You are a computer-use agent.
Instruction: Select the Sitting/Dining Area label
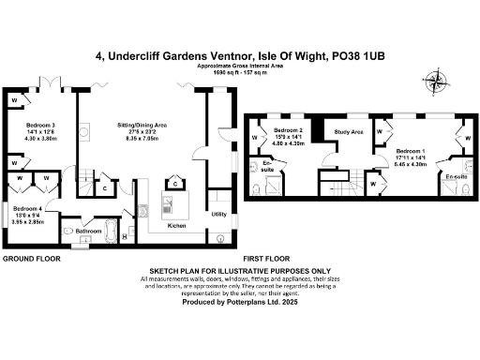(142, 125)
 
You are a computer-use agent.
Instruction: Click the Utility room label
(218, 215)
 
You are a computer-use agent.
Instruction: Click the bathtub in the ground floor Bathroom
(110, 228)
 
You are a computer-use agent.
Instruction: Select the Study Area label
(349, 132)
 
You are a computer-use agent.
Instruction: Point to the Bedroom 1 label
(411, 150)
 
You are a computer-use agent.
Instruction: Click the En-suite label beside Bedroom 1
(457, 176)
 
